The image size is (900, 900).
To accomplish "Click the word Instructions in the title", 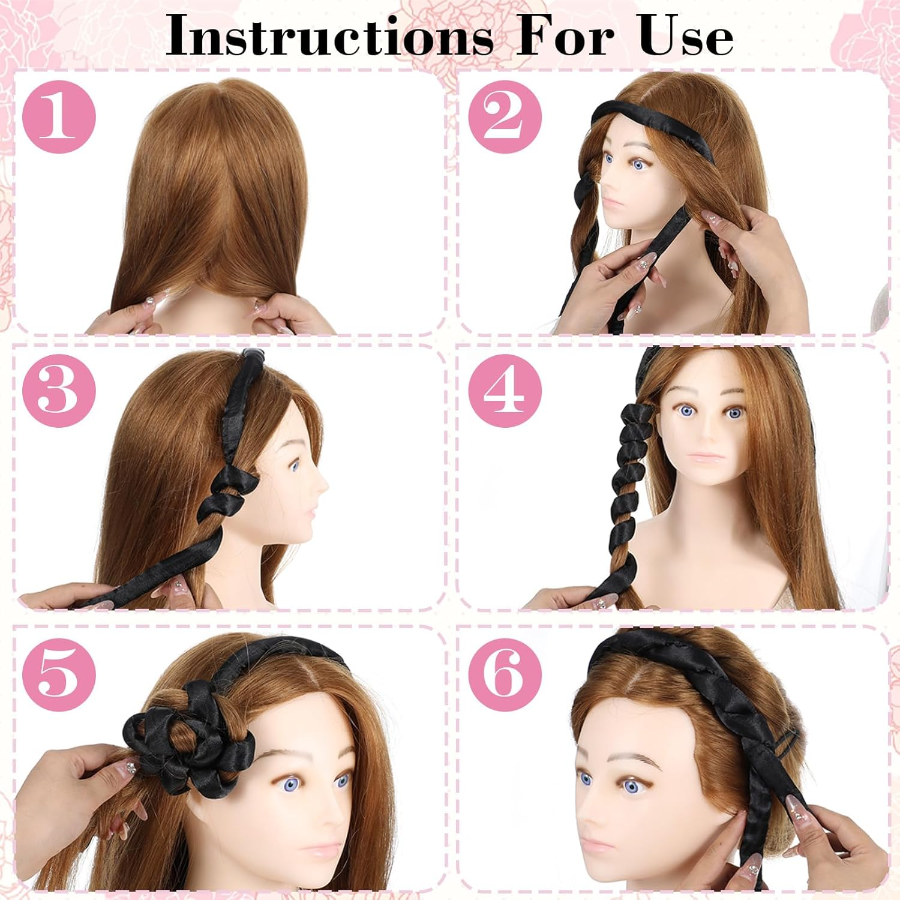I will click(x=329, y=35).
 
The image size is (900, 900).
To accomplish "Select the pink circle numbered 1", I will click(x=59, y=117).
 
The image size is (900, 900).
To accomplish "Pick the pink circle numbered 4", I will click(x=505, y=391).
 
